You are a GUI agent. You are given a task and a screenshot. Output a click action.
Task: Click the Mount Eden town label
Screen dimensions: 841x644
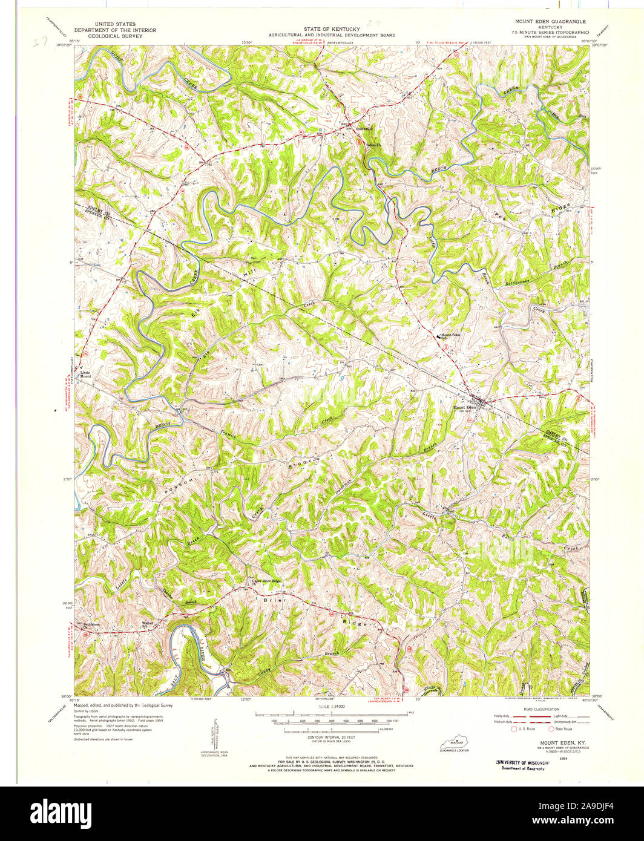point(464,408)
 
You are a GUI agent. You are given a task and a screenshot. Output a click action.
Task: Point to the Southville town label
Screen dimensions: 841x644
point(365,128)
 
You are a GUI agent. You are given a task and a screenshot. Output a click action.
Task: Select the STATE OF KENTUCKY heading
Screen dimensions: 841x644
point(332,29)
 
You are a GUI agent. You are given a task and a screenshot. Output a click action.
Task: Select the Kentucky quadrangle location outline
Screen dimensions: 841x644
point(456,742)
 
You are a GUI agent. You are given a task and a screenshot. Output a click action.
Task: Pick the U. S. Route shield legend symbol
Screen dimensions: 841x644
point(514,729)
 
